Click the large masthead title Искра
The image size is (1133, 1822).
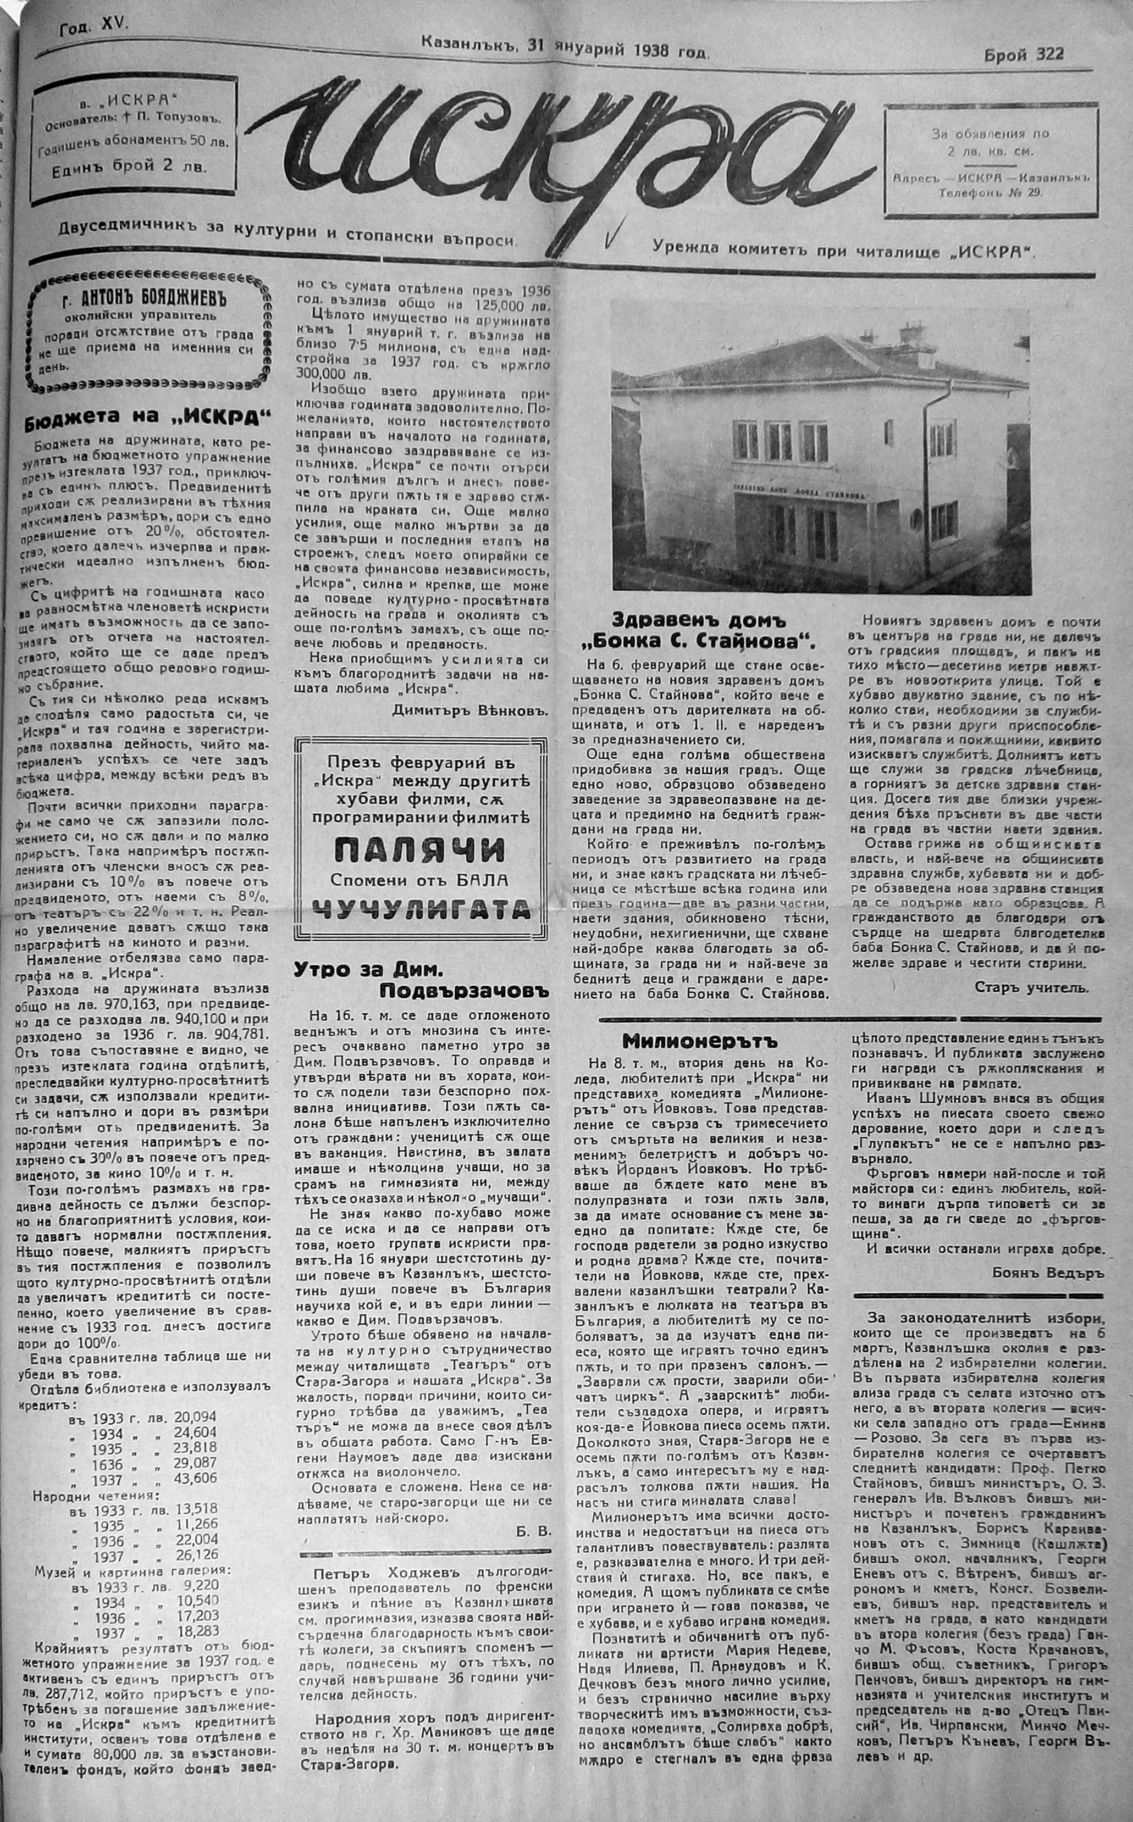pyautogui.click(x=562, y=150)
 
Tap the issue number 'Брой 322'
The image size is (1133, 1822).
pyautogui.click(x=1024, y=54)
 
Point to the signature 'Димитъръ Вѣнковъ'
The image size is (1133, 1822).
pyautogui.click(x=471, y=710)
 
